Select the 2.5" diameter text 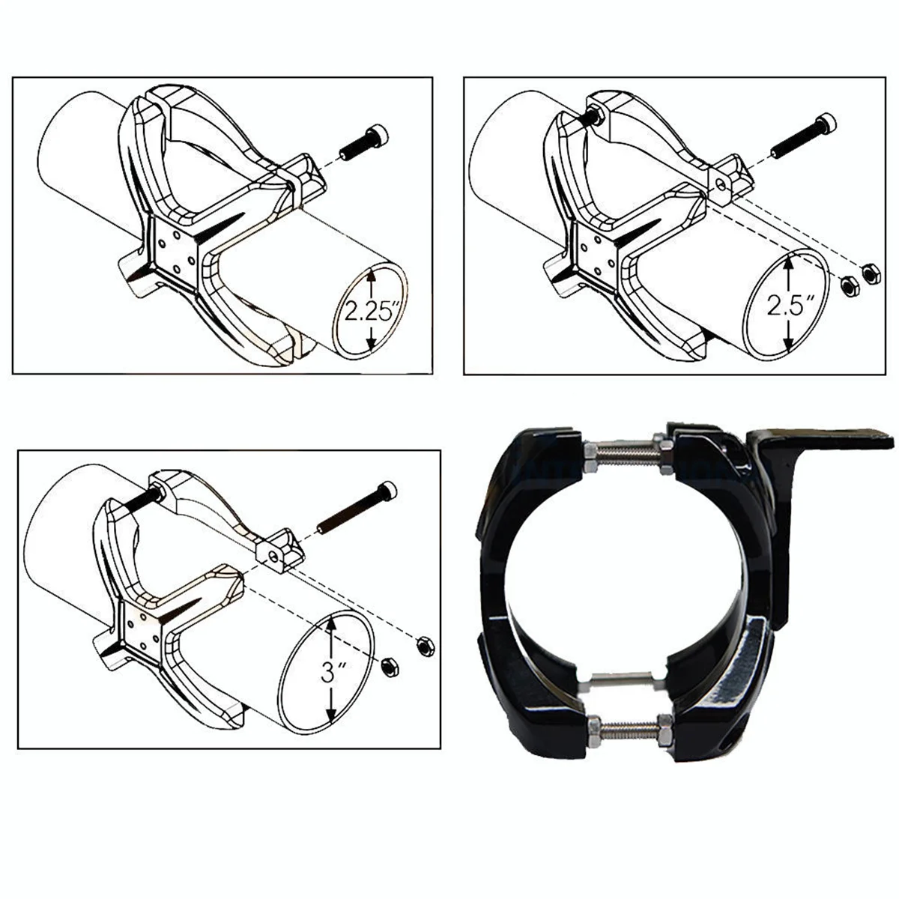(x=790, y=306)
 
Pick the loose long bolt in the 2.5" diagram (x=803, y=136)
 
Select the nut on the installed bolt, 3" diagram (x=158, y=494)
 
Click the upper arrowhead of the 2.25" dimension (x=371, y=275)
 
